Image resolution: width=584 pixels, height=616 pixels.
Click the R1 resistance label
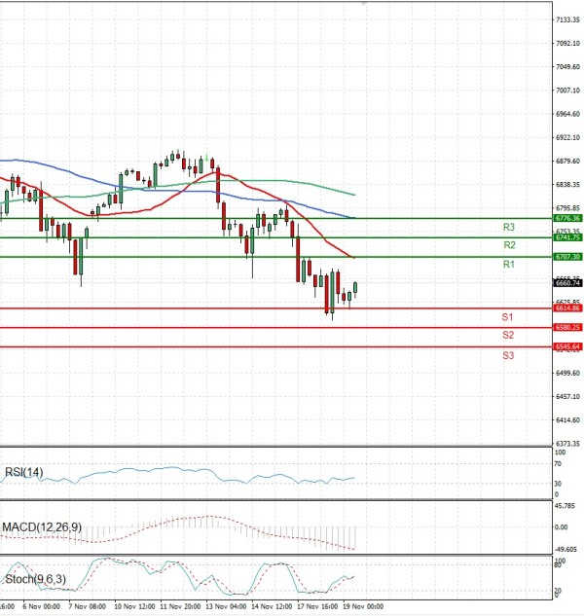click(x=509, y=265)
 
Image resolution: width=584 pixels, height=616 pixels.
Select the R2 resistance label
click(x=509, y=245)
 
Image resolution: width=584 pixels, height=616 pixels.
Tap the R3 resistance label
click(x=509, y=227)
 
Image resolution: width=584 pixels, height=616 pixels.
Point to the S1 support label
click(x=508, y=317)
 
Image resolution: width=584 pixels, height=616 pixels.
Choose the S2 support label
click(x=508, y=335)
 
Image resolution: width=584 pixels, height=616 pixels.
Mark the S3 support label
click(x=508, y=355)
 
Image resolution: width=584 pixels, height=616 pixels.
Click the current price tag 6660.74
click(x=567, y=283)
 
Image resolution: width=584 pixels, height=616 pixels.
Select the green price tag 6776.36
click(x=567, y=219)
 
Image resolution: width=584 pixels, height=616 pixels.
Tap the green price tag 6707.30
click(x=567, y=256)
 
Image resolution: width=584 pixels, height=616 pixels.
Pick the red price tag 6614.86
click(x=567, y=308)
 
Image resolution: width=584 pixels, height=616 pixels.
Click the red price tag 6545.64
click(x=567, y=346)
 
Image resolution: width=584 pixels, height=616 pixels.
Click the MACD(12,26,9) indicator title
click(x=41, y=526)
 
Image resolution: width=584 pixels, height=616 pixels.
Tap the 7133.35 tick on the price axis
click(x=568, y=19)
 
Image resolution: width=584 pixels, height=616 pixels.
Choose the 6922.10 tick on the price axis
click(x=568, y=137)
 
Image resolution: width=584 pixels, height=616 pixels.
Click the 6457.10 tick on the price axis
click(x=568, y=397)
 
